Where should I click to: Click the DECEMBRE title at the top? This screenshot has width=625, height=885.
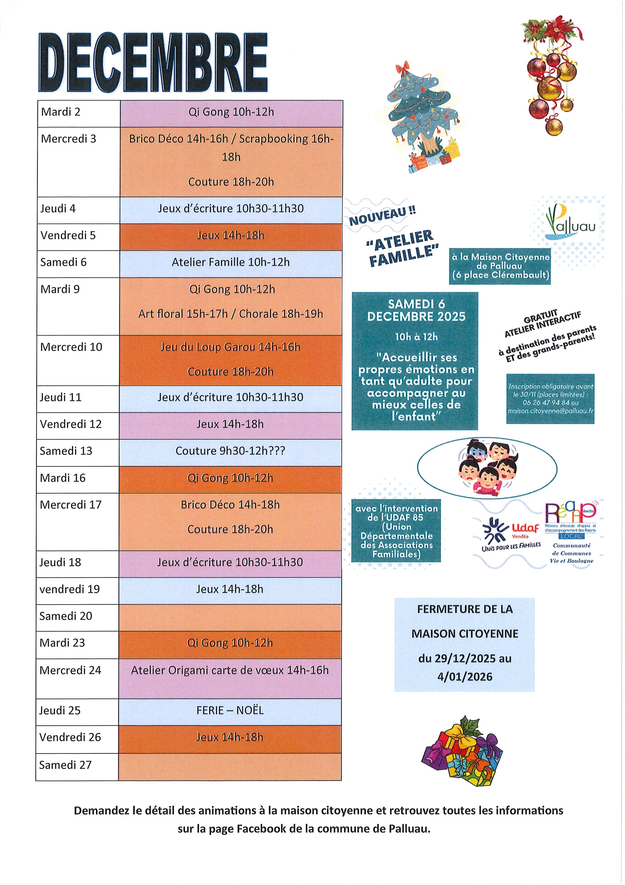point(153,63)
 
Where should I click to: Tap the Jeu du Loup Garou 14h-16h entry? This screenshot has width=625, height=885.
point(230,347)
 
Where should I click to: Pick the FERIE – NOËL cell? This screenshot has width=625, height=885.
point(230,710)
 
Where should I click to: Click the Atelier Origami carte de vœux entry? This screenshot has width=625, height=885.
point(230,670)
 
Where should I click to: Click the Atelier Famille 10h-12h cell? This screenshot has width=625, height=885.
point(231,262)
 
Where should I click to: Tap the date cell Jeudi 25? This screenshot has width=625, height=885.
point(60,710)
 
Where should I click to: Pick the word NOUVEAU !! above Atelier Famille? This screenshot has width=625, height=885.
point(382,216)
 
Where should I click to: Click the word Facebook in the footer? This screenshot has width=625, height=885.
point(261,829)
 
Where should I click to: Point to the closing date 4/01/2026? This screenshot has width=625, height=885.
point(464,677)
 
